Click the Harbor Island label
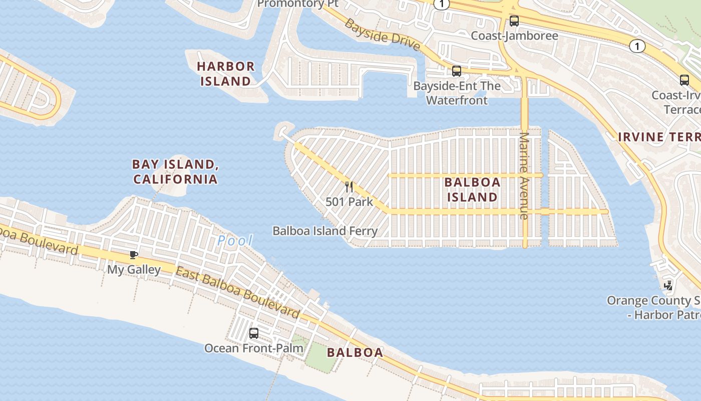226,73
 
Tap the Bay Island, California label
175,171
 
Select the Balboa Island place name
472,189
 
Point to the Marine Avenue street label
524,175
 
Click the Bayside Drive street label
382,35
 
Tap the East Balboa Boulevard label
238,293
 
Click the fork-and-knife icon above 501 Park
349,187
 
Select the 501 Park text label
349,202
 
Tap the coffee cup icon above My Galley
134,255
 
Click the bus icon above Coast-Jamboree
514,21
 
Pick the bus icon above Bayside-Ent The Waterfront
456,71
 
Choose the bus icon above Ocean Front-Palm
254,333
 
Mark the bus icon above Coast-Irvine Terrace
684,80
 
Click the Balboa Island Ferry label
325,231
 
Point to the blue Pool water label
235,241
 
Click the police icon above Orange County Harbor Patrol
668,286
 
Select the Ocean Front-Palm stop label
254,348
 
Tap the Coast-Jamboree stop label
514,36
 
